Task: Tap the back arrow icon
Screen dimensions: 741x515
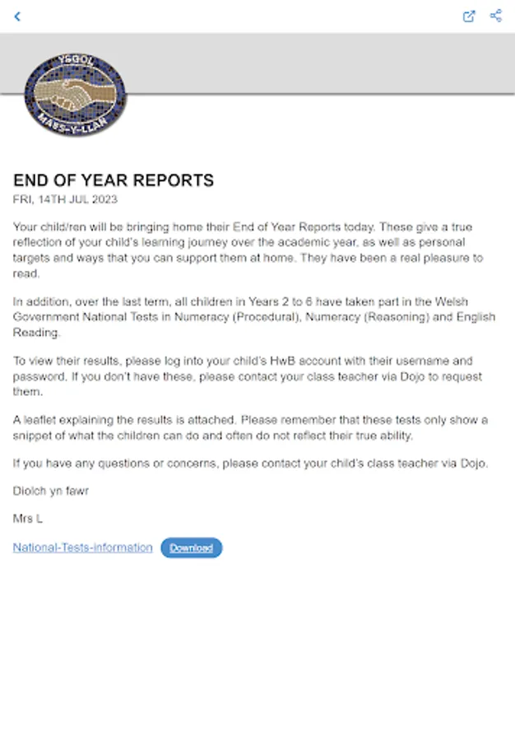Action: point(17,16)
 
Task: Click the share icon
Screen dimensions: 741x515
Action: point(495,16)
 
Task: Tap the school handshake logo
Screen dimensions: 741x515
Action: point(76,96)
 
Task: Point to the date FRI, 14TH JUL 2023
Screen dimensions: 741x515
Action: point(65,199)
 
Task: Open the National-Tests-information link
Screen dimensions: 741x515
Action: point(82,548)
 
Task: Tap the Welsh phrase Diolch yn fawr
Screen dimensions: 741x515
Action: point(50,492)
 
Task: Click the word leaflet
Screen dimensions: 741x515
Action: point(44,420)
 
